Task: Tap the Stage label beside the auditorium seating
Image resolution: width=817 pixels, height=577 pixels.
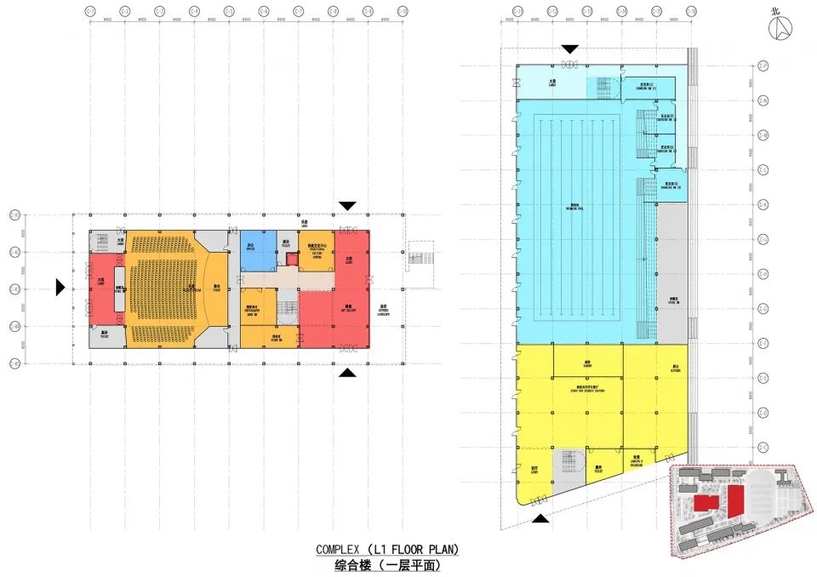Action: pos(217,288)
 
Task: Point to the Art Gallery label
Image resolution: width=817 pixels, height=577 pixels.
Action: pos(348,309)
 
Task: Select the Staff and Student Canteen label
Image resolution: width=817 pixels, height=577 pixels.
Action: pos(587,391)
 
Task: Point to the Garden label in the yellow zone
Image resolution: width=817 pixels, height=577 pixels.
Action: pos(587,363)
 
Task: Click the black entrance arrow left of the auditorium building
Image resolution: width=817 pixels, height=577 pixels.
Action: pos(60,288)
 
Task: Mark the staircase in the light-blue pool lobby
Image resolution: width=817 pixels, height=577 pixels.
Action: pos(605,86)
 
